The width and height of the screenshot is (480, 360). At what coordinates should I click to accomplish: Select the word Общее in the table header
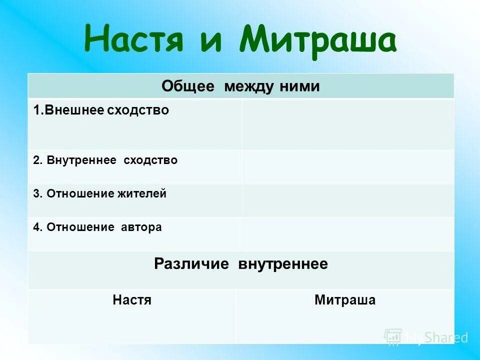188,86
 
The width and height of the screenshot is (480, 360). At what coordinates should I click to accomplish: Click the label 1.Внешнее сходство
101,110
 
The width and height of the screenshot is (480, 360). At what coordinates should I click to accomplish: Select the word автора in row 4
141,227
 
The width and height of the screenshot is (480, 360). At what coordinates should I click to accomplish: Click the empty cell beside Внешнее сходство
347,124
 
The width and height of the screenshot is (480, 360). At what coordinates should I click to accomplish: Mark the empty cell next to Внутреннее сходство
347,166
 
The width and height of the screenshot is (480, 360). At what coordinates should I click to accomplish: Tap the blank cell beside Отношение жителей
347,200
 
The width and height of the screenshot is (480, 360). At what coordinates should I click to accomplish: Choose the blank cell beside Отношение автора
347,234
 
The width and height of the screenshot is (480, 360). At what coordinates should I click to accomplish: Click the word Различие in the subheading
191,264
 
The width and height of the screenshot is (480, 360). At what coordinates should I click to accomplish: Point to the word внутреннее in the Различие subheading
283,264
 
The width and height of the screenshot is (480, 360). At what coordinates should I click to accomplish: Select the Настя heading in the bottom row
132,300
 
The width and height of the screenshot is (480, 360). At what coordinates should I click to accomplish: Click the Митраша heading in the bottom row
345,300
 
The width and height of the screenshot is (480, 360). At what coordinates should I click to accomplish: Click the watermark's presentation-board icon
393,337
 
